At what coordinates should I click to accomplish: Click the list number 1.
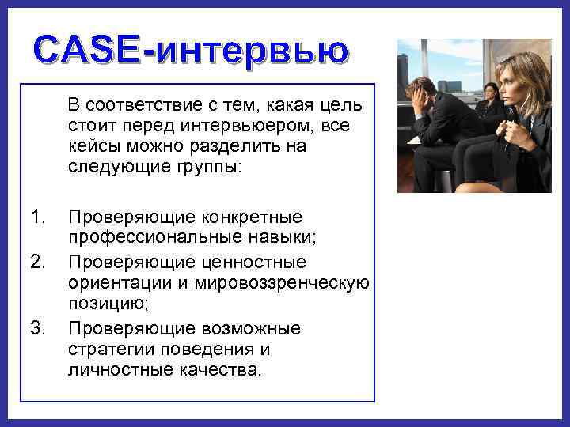34,217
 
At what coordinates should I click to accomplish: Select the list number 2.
34,261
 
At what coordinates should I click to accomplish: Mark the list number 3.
34,327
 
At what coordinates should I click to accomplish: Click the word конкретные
253,217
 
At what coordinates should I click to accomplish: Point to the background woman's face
491,93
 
